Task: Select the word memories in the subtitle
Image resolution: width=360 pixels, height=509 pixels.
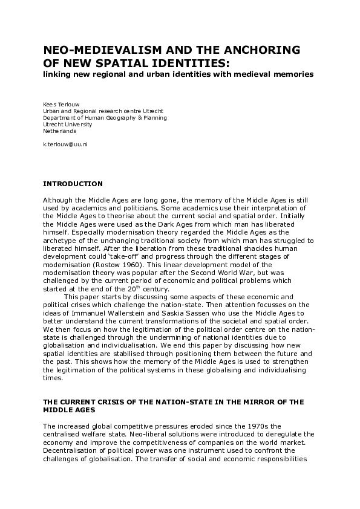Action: (x=291, y=74)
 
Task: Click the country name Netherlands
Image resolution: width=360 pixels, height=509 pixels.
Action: (x=60, y=131)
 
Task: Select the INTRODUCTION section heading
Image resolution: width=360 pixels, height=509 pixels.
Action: (x=73, y=184)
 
